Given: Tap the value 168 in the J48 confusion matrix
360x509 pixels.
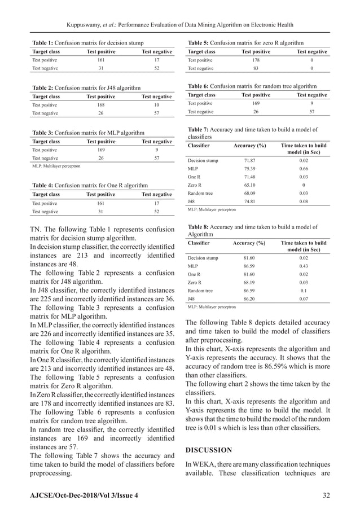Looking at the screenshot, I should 100,104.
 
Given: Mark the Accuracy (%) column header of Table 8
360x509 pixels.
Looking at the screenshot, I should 249,243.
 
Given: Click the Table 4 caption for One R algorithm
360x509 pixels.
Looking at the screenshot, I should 90,185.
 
